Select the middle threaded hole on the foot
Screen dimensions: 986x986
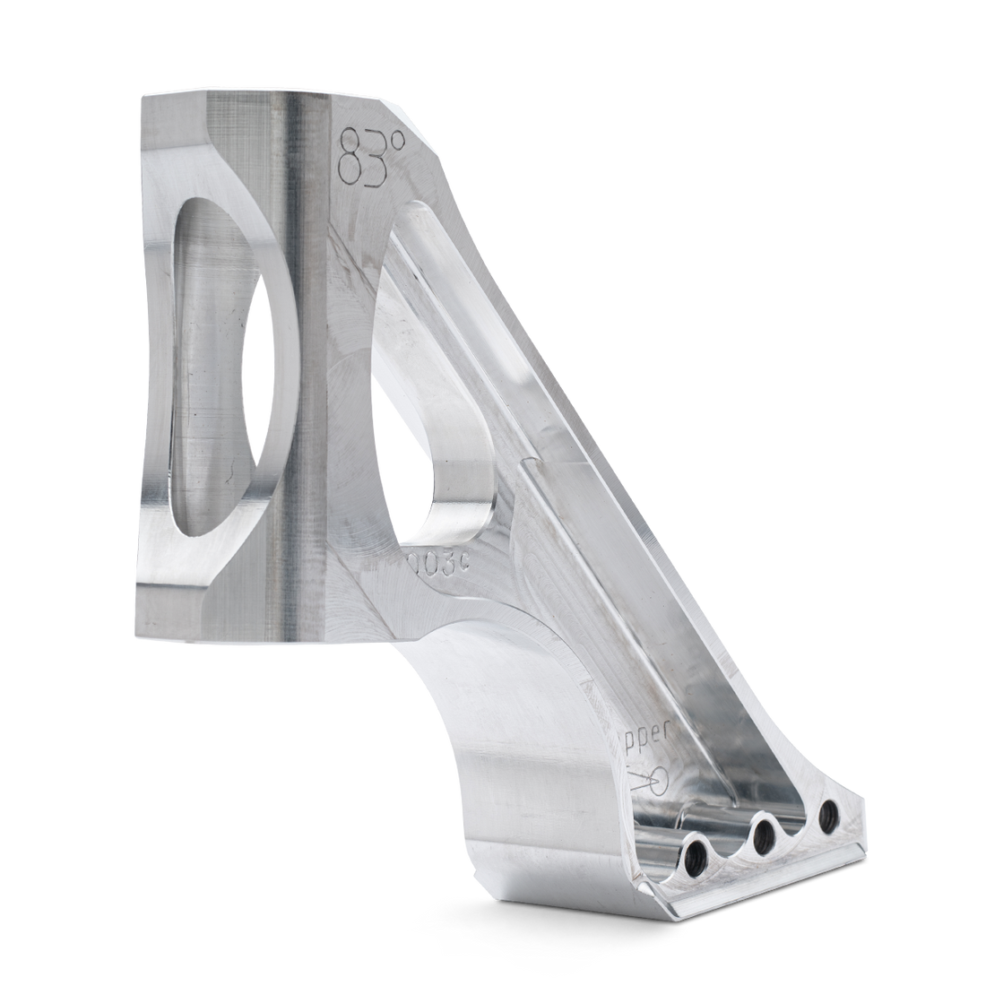[x=764, y=837]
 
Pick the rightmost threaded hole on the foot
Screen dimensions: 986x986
[x=828, y=816]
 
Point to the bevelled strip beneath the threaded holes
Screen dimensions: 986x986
[x=762, y=883]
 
